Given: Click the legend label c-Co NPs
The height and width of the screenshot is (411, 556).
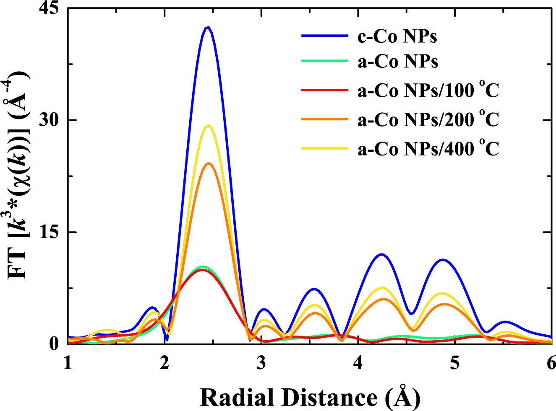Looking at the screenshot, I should [397, 36].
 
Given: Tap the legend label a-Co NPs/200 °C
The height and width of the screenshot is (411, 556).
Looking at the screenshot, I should [428, 119].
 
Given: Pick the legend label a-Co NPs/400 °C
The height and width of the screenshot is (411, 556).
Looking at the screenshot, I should [428, 149].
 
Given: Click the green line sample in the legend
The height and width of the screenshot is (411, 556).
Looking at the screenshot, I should [324, 61].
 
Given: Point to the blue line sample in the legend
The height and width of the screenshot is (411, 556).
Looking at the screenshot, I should [324, 36].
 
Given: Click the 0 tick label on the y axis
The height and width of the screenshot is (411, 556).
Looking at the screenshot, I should [54, 344].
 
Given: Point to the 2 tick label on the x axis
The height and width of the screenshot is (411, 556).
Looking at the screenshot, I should [164, 363].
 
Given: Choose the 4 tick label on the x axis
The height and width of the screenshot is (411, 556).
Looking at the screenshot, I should [358, 363].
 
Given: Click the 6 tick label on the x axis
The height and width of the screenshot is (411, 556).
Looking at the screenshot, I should [551, 363].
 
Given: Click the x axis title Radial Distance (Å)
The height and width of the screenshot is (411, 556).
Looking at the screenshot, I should [310, 397].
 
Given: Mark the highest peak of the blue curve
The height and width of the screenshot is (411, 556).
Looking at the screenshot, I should [207, 28].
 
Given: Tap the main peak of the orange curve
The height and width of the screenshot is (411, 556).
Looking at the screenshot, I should [209, 163].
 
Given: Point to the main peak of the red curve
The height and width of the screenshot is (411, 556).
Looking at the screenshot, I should [202, 270].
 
